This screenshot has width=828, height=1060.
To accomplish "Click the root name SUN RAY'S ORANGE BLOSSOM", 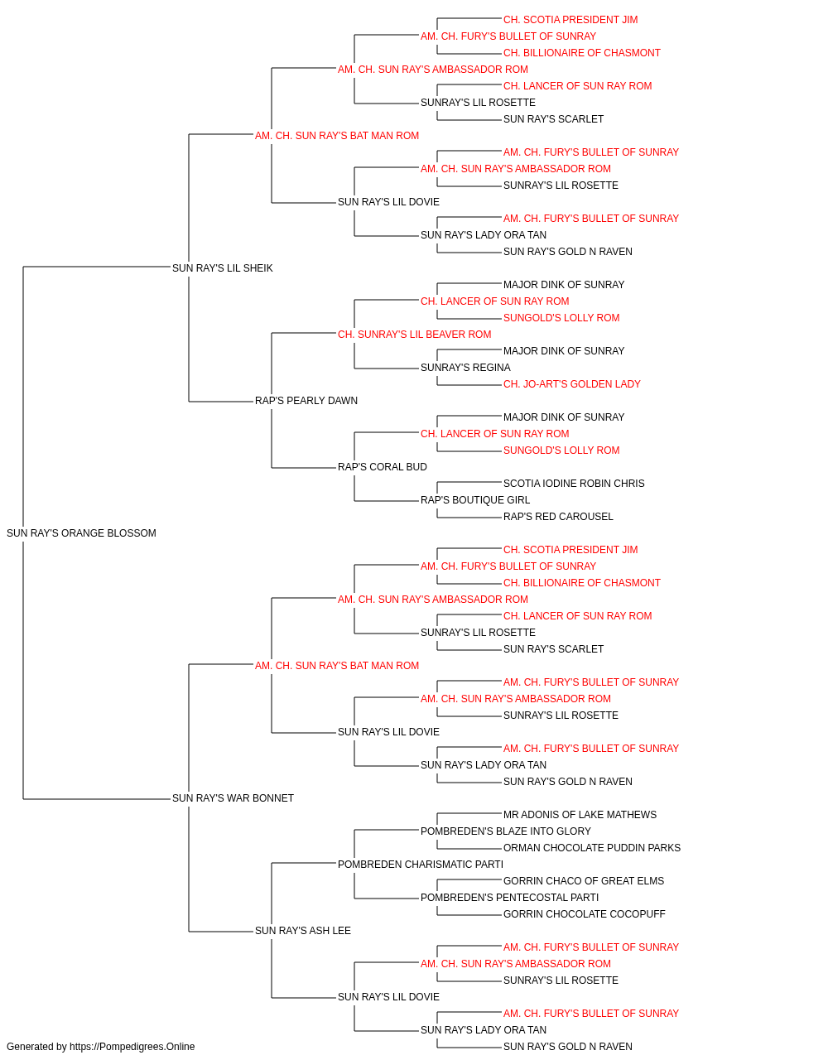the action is point(81,532).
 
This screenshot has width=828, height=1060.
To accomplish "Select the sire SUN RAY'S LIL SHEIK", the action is point(223,267).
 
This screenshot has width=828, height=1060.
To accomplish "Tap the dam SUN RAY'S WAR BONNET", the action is point(233,797).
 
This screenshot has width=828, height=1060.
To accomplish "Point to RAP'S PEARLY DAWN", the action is point(306,401).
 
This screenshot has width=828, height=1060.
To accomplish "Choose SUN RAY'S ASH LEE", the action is point(303,930).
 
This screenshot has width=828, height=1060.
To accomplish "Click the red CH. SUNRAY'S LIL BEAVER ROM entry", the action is point(415,334).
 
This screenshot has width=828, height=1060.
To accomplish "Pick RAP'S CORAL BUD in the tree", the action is point(383,467).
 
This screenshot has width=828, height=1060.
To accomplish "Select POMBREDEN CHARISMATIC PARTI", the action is point(421,864).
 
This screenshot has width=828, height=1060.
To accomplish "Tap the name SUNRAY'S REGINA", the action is point(465,368).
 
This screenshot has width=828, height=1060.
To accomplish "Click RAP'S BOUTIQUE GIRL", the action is point(475,500).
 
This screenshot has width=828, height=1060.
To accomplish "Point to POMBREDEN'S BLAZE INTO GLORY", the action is point(506,831).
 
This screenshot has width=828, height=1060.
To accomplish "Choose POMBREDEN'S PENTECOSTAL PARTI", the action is point(509,897).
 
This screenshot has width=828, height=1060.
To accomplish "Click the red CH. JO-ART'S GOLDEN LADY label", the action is point(572,384).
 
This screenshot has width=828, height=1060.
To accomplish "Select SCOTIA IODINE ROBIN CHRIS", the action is point(574,484).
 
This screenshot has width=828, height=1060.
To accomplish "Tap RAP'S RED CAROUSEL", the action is point(558,517).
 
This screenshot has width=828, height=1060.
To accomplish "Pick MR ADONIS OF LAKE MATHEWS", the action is point(580,814).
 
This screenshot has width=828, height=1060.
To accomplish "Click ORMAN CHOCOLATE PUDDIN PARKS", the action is point(592,847).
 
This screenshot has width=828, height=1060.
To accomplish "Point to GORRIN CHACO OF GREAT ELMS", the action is point(584,880).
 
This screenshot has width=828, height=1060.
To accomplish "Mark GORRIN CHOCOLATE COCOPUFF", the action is point(585,913).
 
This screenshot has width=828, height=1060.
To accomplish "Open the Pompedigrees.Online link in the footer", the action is point(132,1047).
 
